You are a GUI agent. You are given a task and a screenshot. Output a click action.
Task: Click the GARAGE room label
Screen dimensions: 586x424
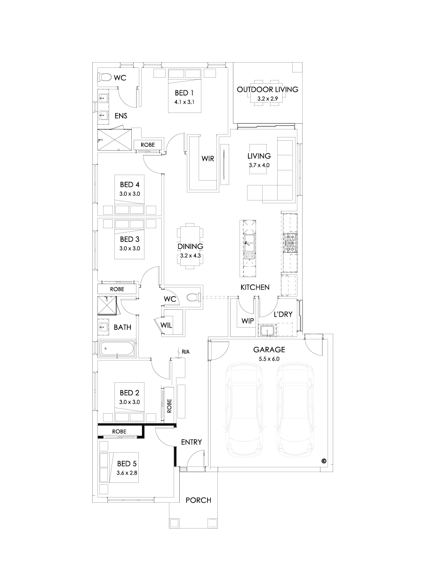[x=269, y=350]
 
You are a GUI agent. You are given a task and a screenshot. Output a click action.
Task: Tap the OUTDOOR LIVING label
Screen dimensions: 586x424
[x=267, y=89]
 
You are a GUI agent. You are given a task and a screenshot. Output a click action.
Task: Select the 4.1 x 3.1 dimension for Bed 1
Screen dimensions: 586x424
[x=184, y=102]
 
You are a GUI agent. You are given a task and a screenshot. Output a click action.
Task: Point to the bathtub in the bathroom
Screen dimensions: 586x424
[x=116, y=349]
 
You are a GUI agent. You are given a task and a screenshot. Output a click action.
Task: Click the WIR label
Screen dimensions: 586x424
[x=208, y=159]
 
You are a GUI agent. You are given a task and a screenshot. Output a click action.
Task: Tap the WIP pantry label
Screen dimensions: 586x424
[x=248, y=321]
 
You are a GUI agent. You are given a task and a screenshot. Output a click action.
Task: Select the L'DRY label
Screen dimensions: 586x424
[x=283, y=314]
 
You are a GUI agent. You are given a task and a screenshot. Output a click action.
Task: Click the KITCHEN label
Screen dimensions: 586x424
[x=255, y=287]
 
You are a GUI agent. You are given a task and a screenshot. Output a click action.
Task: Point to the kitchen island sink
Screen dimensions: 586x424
[x=248, y=245]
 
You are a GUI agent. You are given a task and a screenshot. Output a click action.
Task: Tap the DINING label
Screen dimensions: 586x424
[x=190, y=246]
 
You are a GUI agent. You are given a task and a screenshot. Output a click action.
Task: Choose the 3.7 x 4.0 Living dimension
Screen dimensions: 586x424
[x=259, y=165]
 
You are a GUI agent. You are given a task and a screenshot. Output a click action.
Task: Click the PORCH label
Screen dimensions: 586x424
[x=198, y=500]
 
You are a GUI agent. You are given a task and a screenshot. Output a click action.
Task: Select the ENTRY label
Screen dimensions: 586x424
[x=192, y=442]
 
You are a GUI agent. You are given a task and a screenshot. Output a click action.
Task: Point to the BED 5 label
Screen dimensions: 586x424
[x=127, y=464]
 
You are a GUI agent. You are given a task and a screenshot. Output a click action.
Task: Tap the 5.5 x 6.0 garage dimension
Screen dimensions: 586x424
[x=269, y=359]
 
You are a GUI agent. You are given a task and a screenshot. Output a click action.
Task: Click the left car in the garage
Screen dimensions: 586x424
[x=243, y=409]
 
